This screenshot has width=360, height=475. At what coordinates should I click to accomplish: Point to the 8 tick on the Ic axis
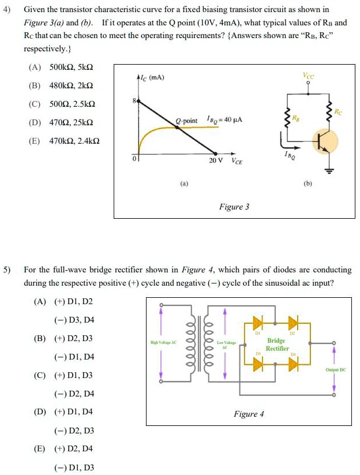pos(134,100)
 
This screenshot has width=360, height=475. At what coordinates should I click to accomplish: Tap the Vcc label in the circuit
pos(308,75)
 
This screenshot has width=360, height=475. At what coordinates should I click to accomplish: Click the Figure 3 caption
pos(234,207)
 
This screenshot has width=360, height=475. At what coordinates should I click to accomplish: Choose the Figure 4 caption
pos(249,414)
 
